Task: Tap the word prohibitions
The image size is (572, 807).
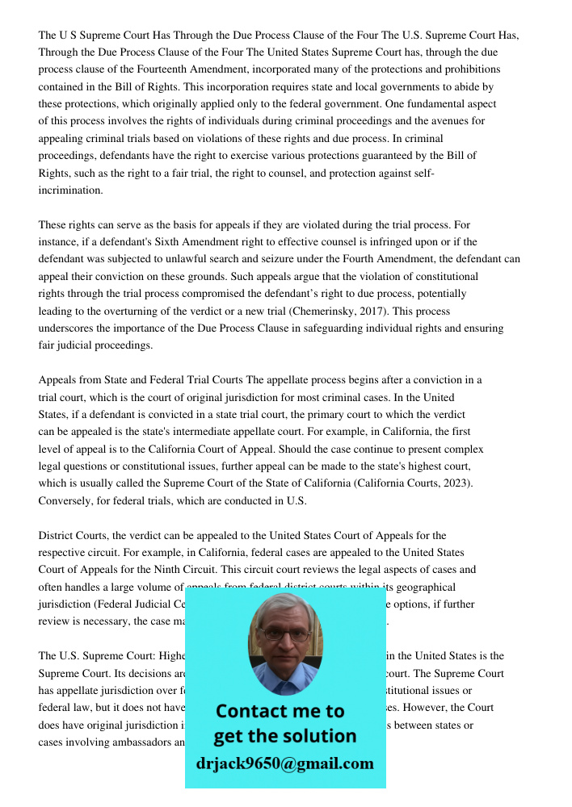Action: [469, 69]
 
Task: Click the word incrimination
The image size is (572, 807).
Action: [71, 190]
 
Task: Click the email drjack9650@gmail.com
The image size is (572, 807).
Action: [285, 763]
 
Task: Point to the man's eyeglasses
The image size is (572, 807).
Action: [285, 635]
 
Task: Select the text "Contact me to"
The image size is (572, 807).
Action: [280, 711]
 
